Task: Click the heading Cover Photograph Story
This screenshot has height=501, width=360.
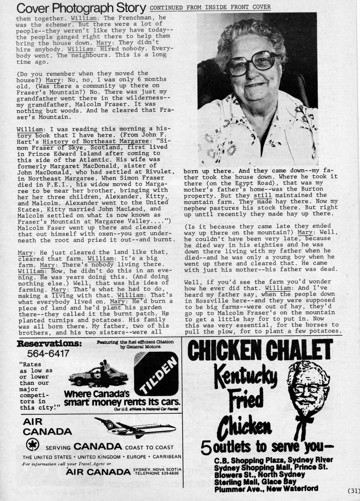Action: (81, 8)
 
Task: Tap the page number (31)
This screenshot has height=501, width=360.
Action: (353, 491)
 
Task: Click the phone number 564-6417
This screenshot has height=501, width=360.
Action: (48, 354)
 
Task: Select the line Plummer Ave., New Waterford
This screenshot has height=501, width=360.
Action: (266, 489)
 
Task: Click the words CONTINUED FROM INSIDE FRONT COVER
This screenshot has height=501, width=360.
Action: (210, 8)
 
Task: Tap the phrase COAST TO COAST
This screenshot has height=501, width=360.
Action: (153, 447)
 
